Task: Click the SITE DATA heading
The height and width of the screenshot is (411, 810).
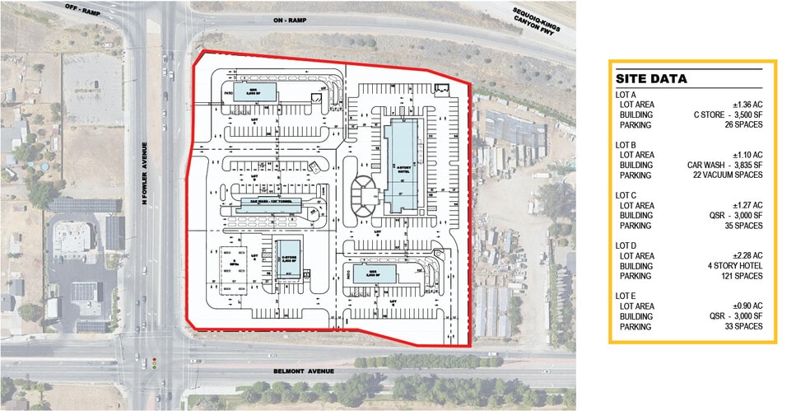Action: (x=651, y=79)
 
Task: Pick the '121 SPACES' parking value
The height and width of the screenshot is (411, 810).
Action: (x=740, y=276)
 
